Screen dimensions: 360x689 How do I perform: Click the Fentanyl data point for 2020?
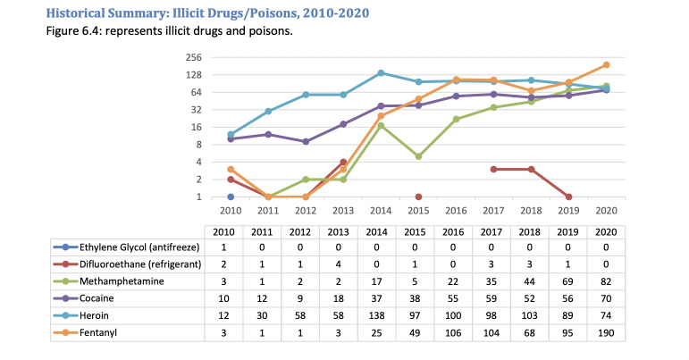[x=606, y=65]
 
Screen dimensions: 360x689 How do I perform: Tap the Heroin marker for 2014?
[x=381, y=73]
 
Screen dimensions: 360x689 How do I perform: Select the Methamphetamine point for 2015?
[x=418, y=156]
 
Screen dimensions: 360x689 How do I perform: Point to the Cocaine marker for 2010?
[x=231, y=138]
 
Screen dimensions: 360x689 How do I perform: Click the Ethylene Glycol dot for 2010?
[x=231, y=197]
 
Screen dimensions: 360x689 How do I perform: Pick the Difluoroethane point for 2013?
[x=343, y=163]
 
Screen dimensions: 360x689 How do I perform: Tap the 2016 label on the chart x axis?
[x=456, y=211]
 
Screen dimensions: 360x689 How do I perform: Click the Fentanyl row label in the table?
[x=98, y=333]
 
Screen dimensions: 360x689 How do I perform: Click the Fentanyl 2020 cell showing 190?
[x=606, y=333]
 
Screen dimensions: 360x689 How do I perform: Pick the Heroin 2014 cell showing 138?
[x=381, y=316]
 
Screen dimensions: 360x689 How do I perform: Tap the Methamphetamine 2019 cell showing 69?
[x=568, y=281]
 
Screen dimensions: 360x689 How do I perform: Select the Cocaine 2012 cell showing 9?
[x=306, y=299]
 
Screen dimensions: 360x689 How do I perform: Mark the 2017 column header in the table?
[x=493, y=230]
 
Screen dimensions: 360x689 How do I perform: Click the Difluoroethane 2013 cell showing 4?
[x=343, y=264]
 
